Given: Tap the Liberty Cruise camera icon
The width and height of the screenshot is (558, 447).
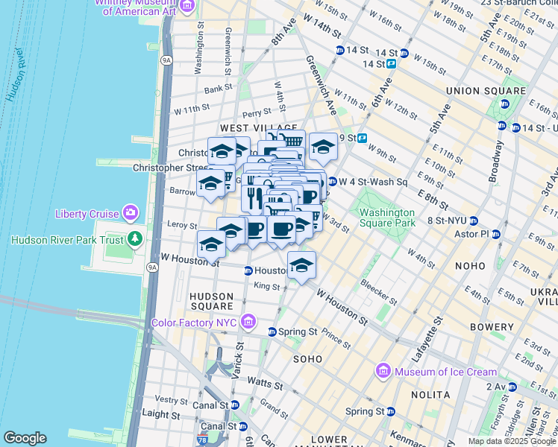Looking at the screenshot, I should click(x=131, y=214).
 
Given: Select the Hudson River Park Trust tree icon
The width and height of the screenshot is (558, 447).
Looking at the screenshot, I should click(x=135, y=239).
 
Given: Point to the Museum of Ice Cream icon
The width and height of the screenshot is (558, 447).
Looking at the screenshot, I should click(x=383, y=371).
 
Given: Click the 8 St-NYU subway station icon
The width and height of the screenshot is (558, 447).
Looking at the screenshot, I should click(x=473, y=221).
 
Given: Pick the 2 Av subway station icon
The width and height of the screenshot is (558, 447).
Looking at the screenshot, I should click(x=512, y=387).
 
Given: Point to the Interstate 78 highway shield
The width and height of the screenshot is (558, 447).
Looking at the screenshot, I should click(x=206, y=441).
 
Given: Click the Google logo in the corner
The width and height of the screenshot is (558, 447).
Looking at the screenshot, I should click(x=25, y=438).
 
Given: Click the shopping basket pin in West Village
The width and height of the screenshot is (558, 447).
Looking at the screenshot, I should click(x=292, y=141).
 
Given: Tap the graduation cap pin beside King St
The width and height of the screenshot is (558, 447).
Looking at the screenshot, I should click(x=301, y=265).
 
